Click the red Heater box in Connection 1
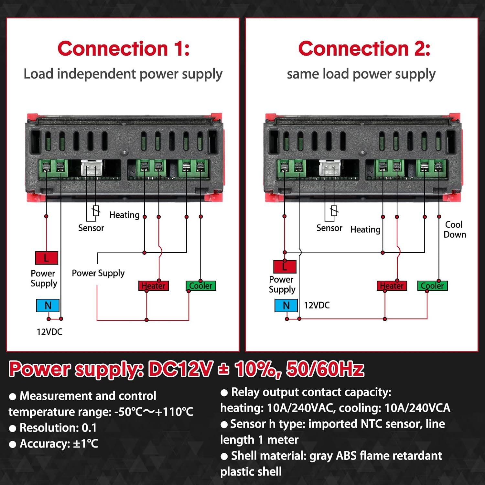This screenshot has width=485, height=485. (154, 286)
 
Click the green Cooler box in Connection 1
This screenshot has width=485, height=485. (201, 286)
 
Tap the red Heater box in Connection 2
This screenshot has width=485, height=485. (392, 286)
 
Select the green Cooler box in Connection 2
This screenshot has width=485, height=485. (432, 286)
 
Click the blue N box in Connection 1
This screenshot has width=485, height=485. (48, 306)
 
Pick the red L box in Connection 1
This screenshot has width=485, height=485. (47, 258)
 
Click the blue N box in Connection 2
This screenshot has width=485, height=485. (286, 306)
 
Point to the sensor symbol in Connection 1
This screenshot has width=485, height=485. (95, 211)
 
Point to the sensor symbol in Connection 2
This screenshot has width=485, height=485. (334, 211)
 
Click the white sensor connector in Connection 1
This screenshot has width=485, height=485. (92, 168)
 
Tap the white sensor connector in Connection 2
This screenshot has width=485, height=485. (330, 168)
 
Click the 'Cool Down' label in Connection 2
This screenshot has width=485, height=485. (455, 230)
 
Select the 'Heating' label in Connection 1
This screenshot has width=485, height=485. (124, 215)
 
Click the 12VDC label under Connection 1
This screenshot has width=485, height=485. (49, 332)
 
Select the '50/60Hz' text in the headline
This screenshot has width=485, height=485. (325, 369)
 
